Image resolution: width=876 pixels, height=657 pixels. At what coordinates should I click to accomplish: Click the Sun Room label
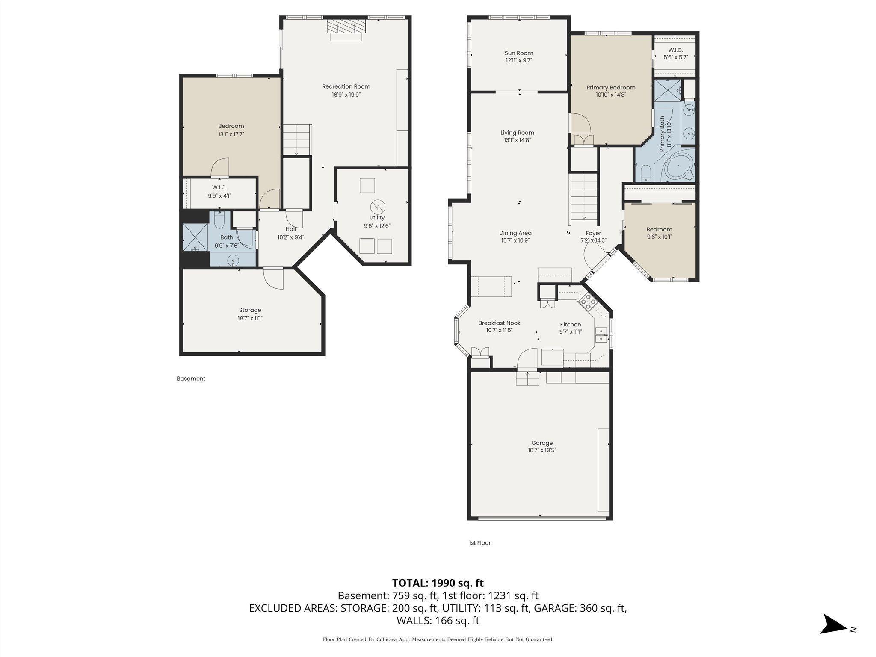[518, 53]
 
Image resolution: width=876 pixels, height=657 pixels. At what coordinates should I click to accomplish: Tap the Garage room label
[542, 443]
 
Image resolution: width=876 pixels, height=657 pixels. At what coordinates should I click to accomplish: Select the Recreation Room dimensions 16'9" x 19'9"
[346, 95]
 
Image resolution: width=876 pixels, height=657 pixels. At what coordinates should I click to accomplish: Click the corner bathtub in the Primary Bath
[678, 167]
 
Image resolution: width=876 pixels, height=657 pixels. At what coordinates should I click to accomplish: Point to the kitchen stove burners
[588, 302]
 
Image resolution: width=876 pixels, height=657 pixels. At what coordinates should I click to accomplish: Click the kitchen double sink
[601, 334]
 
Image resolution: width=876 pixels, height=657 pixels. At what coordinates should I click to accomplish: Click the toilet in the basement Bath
[219, 221]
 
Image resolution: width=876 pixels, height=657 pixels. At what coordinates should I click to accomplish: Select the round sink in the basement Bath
[233, 259]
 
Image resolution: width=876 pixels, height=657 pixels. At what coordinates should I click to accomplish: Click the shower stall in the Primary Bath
[667, 90]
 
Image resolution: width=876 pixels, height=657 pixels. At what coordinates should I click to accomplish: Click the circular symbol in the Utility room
[378, 207]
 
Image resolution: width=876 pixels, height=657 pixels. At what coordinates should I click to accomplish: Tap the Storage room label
[250, 310]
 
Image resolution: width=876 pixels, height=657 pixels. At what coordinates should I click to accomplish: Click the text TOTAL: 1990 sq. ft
[438, 583]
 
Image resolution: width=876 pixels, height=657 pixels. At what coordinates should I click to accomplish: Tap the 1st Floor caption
[479, 543]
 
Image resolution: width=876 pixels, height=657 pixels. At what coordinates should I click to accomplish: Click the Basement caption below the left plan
[191, 379]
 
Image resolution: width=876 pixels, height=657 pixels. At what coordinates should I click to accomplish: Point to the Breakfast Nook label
[499, 323]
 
